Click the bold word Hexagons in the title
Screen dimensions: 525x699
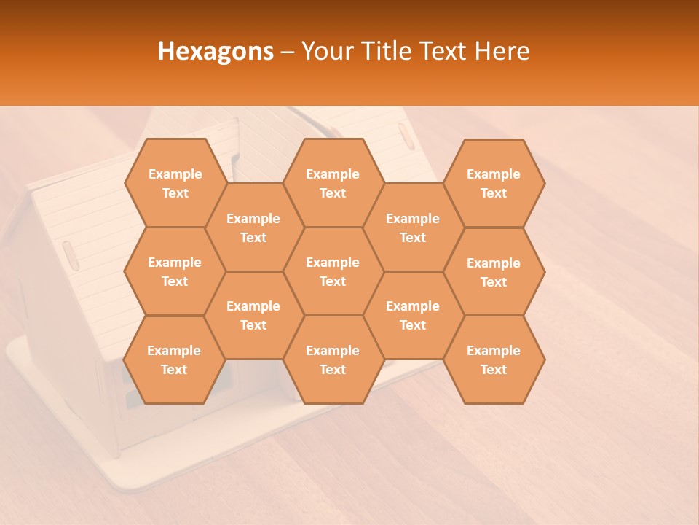[216, 51]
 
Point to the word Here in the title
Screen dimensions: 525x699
[502, 51]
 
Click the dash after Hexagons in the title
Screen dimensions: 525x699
[288, 51]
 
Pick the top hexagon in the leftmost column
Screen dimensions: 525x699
[175, 183]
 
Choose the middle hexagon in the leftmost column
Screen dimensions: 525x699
[175, 271]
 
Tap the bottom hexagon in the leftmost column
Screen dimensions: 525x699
[175, 359]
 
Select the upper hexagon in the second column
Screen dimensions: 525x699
[253, 227]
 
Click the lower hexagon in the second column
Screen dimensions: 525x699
[253, 315]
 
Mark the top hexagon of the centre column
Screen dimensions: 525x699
[333, 183]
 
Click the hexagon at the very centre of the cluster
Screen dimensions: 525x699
[333, 271]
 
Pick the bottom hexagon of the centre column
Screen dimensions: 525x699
[333, 359]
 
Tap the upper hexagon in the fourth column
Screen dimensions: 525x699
[413, 227]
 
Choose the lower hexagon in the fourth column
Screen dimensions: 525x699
[413, 315]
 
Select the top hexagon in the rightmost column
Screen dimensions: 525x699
[494, 183]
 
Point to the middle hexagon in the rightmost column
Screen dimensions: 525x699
[494, 272]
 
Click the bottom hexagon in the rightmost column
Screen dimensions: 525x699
[494, 359]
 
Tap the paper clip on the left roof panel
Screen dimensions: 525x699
[70, 255]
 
